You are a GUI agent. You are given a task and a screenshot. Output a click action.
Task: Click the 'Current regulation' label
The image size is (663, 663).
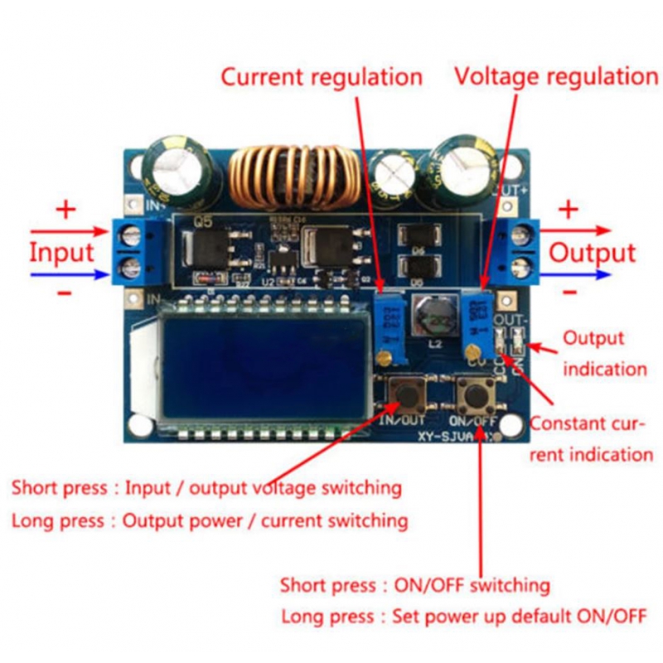click(322, 77)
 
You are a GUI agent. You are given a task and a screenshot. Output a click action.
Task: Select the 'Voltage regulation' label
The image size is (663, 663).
click(556, 77)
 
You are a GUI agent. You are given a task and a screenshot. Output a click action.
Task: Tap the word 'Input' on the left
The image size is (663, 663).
click(62, 252)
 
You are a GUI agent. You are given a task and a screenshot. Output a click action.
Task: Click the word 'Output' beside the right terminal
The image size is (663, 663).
click(593, 253)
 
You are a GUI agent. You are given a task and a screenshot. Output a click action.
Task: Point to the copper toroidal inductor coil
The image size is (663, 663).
click(286, 177)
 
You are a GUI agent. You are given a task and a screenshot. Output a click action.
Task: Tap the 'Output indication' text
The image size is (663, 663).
click(603, 353)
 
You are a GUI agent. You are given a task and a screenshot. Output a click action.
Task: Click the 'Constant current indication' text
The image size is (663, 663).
click(591, 438)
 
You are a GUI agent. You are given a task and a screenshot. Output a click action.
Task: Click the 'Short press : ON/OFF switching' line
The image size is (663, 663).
click(414, 585)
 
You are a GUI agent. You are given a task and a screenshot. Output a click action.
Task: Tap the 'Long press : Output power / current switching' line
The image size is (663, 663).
click(210, 520)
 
